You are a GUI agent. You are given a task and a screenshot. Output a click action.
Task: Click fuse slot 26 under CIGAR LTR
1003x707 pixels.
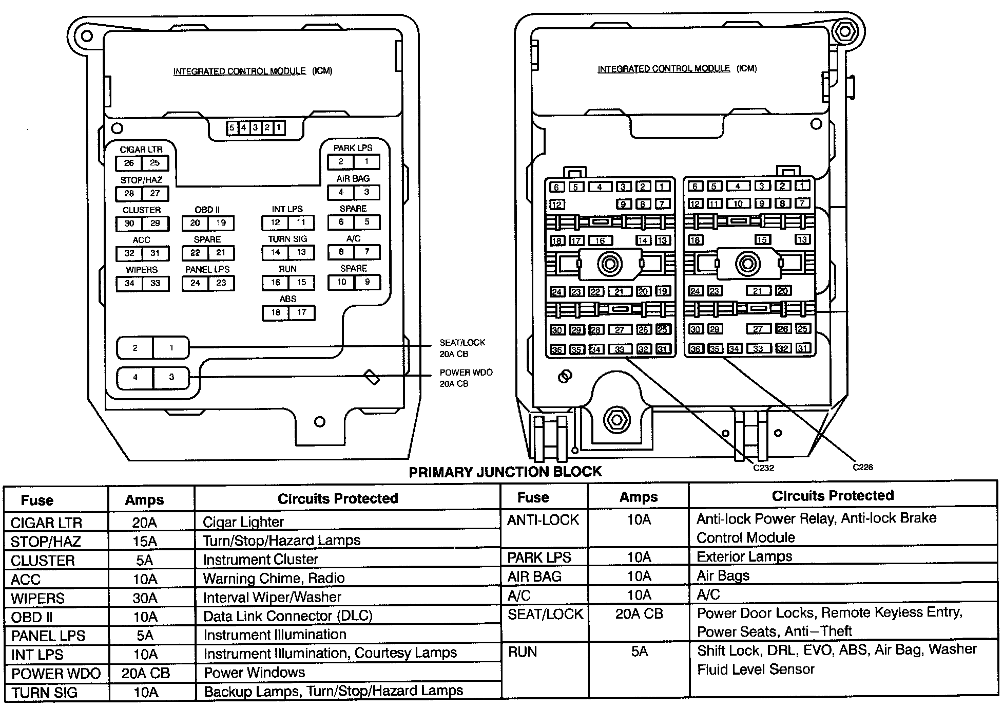tap(129, 163)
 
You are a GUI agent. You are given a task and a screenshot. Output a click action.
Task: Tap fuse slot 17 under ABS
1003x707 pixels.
tap(301, 312)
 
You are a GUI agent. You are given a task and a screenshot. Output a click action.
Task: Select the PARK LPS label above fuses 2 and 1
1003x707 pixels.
tap(353, 148)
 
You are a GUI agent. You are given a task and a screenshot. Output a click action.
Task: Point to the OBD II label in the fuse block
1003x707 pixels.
tap(207, 210)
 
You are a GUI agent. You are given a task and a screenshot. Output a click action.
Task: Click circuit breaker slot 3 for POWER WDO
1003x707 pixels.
tap(171, 377)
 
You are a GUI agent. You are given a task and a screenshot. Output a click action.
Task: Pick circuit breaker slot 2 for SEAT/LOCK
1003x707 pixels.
tap(135, 348)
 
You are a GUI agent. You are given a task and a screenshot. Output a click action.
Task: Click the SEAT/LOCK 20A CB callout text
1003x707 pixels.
tap(462, 348)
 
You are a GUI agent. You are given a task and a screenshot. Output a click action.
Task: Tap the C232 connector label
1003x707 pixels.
tap(763, 468)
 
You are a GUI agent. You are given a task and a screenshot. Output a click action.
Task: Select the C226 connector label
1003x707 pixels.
tap(862, 467)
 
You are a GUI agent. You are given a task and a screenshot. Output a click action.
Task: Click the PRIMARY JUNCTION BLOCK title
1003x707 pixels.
tap(505, 472)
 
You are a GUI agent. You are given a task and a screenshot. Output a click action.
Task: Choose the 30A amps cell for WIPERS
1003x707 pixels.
tap(145, 598)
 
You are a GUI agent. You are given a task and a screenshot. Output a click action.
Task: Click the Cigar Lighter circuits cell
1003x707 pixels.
tap(243, 522)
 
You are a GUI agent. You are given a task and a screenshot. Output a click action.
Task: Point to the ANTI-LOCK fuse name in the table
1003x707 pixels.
tap(543, 520)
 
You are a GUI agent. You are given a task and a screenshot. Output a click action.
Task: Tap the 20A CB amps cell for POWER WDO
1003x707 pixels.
tap(146, 673)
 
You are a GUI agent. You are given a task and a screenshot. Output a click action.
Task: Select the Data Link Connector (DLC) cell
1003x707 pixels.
tap(287, 616)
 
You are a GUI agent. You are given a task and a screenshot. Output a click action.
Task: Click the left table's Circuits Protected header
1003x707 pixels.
tap(338, 498)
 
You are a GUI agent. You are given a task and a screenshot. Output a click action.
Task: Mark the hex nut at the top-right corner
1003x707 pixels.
tap(844, 32)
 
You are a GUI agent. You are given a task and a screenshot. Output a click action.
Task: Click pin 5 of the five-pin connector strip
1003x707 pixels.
tap(232, 128)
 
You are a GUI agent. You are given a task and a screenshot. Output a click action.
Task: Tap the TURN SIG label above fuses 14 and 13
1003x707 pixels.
tap(287, 239)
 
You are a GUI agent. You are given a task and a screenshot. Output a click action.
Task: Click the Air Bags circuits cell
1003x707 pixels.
tap(723, 576)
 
